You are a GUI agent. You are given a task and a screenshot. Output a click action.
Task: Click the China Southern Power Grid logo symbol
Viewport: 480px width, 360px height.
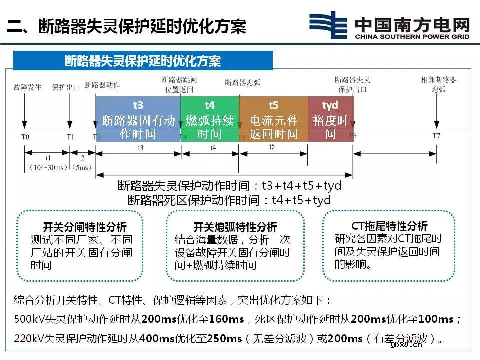(328, 25)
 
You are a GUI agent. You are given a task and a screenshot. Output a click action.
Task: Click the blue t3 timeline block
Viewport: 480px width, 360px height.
(138, 119)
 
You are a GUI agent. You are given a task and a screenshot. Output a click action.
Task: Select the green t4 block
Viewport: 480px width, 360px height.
(210, 119)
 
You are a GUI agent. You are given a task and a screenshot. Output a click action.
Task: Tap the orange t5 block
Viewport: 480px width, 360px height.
(273, 119)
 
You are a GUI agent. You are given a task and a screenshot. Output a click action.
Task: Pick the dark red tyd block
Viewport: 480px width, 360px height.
(330, 119)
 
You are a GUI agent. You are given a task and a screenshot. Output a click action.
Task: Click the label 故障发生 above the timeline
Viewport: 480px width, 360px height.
(27, 87)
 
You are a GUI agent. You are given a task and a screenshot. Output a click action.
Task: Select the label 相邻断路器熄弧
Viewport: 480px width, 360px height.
(438, 84)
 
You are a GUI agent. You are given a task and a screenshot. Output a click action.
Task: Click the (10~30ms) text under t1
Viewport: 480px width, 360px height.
(47, 167)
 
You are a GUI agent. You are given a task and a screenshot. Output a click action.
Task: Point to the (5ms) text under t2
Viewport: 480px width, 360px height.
(82, 167)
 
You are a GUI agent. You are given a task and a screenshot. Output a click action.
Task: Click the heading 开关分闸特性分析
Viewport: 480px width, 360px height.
(78, 227)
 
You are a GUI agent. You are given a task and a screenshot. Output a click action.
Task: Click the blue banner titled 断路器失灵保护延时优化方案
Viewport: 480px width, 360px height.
(143, 61)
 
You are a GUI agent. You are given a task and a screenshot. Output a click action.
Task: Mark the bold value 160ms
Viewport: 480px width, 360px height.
(226, 319)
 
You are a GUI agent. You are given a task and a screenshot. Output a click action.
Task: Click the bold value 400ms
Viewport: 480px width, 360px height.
(157, 339)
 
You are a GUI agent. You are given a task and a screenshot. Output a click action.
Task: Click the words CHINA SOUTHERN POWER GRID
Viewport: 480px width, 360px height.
(412, 37)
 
